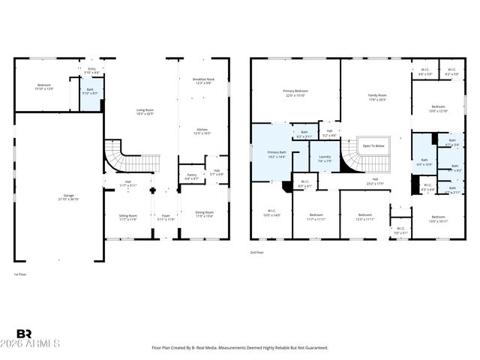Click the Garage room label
pos(58,199)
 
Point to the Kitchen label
pos(202,130)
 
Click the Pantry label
pos(191,177)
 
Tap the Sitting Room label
pos(128,217)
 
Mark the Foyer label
pos(166,217)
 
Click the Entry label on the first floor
pos(91,70)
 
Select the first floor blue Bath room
pos(90,93)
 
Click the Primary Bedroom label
pos(295,93)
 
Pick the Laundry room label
pos(325,159)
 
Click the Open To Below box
pos(373,146)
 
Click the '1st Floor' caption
pos(20,274)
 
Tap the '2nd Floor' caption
pos(257,253)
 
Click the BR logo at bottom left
pos(24,334)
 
